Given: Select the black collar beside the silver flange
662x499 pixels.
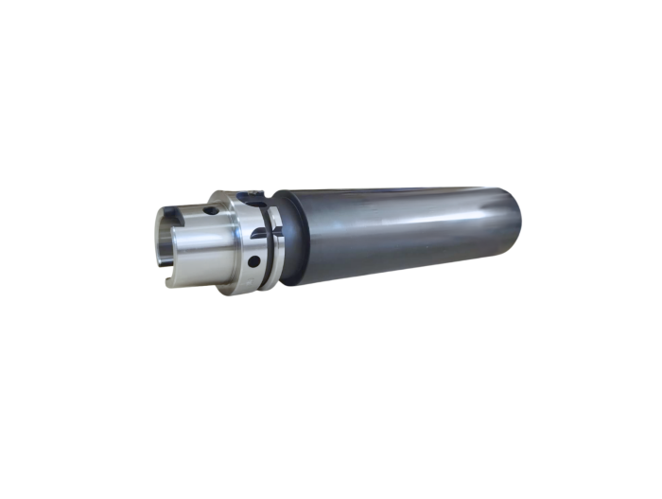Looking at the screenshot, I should pyautogui.click(x=287, y=241).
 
